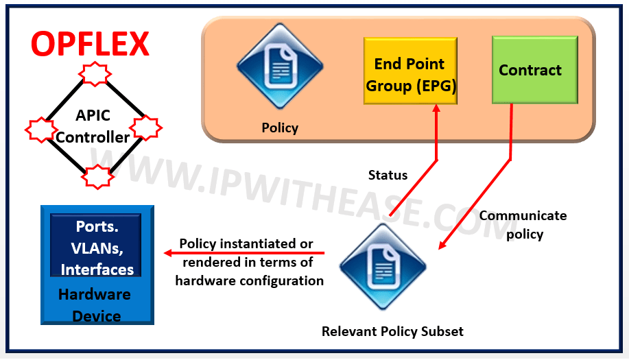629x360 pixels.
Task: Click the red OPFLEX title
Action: [x=90, y=44]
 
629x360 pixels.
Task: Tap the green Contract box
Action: [x=530, y=70]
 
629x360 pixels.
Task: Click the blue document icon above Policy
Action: [x=279, y=67]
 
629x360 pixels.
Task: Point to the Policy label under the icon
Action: [x=280, y=128]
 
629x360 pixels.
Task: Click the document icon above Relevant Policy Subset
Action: [x=383, y=264]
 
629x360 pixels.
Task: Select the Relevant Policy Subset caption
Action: [x=392, y=332]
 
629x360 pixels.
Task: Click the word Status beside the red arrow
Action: [x=388, y=175]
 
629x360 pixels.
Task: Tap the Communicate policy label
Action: [x=523, y=225]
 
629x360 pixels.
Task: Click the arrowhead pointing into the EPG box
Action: [x=437, y=110]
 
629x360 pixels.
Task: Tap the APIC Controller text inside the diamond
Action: [x=93, y=127]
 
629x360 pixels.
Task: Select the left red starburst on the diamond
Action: [x=40, y=128]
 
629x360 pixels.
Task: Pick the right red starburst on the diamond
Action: [x=145, y=128]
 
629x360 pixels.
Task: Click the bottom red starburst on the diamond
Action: [x=95, y=176]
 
